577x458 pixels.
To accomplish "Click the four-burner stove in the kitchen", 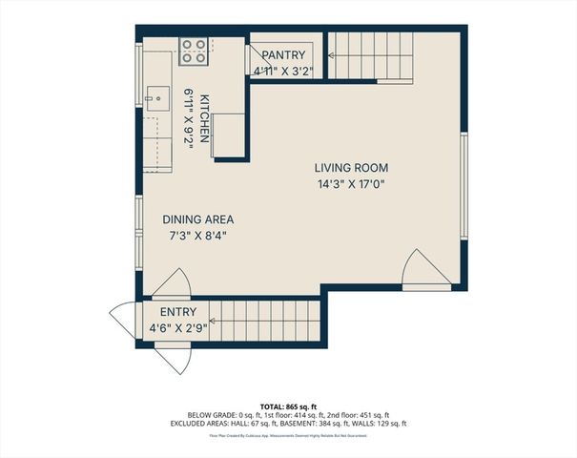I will coord(194,51).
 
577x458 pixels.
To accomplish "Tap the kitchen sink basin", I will coord(156,96).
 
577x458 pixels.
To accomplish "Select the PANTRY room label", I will coord(283,56).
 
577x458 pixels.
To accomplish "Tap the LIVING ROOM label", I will coord(351,168).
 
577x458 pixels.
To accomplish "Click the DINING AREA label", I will coord(197,219).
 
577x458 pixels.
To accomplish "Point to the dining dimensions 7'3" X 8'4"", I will coord(197,234).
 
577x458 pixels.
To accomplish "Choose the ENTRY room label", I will coord(178,312).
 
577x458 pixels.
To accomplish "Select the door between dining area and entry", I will coord(172,284).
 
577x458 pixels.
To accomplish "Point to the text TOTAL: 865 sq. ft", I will coord(288,406).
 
